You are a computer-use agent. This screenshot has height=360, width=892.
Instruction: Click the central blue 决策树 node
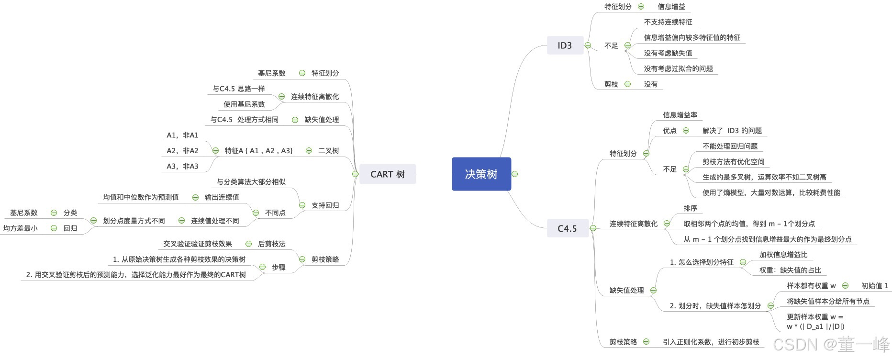point(481,174)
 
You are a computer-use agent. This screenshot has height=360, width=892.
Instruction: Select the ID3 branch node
point(565,45)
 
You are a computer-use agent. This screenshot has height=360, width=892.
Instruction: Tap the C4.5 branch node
point(567,228)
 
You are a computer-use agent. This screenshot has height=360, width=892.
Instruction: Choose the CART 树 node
point(387,174)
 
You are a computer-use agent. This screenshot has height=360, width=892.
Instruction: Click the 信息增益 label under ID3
point(671,7)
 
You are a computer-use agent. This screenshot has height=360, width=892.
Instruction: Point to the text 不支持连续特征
point(668,22)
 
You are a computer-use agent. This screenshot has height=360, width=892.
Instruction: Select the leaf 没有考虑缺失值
point(668,53)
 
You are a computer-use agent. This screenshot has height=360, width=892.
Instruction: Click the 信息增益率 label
point(680,115)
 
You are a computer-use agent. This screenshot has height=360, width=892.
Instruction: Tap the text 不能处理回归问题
point(730,146)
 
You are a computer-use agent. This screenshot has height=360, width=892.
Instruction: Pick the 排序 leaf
point(690,208)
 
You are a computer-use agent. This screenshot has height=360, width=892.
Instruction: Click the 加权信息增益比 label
point(783,255)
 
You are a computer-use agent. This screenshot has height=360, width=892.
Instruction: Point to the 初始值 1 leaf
point(874,286)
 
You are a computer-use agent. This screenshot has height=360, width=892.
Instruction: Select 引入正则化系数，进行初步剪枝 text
point(711,342)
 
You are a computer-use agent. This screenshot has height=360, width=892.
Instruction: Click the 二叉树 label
point(328,151)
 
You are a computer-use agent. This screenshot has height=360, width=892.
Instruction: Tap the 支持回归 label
point(325,205)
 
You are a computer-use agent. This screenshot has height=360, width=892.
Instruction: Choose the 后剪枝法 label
point(271,244)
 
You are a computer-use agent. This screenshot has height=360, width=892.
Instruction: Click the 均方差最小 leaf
point(20,228)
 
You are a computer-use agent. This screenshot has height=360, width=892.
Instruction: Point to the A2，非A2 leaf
point(182,151)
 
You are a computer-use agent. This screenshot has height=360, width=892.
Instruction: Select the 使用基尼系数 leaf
point(244,104)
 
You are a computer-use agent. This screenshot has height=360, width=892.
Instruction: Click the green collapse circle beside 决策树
point(515,174)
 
